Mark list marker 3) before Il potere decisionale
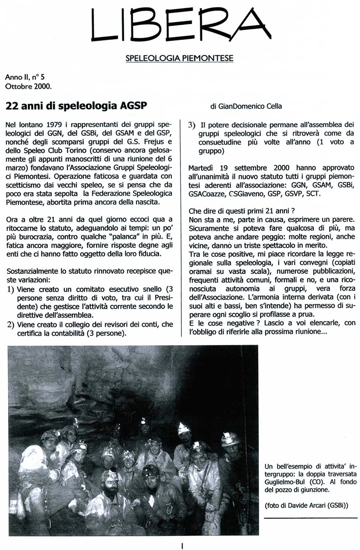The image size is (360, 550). click(x=191, y=124)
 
